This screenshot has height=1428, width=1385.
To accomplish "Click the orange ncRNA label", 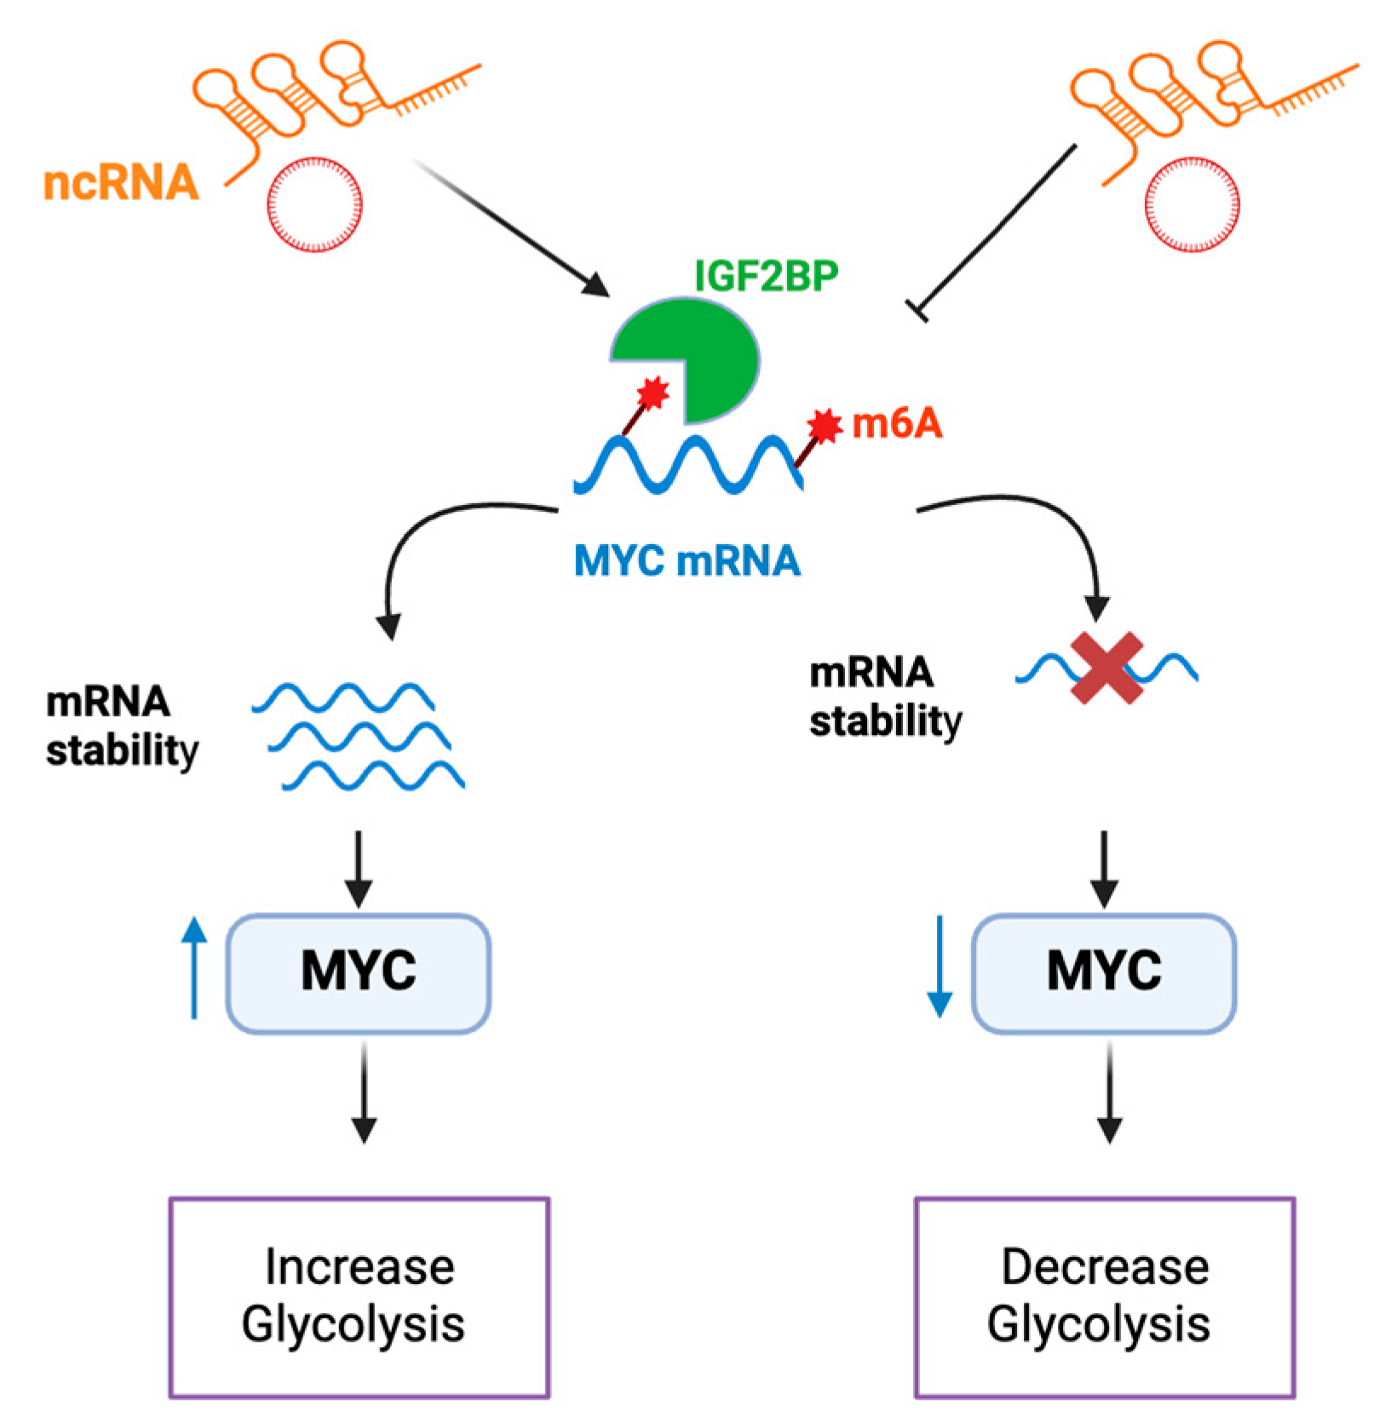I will point(121,183).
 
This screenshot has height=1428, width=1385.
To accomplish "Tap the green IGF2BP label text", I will point(766,276).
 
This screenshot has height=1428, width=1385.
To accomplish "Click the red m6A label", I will point(897,423).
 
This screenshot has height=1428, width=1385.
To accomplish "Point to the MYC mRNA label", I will point(687,560).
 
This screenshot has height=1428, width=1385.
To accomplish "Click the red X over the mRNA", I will point(1106,668).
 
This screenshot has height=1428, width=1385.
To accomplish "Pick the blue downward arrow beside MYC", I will point(940,966).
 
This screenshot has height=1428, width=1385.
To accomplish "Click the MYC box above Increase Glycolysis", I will point(358,972).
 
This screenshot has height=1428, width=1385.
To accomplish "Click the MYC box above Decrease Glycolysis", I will point(1103,972).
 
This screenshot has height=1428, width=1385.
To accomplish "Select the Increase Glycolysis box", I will point(359,1295).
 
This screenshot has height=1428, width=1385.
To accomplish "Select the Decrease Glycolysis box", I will point(1104,1295).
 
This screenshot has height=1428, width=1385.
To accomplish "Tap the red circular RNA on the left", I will point(314,204).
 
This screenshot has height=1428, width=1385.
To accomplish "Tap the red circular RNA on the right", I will point(1192,204).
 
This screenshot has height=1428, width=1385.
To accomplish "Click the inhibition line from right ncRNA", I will point(997,227).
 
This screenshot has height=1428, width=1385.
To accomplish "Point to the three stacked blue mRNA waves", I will point(358,736).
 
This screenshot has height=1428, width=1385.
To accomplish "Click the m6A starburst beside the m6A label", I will point(824,425).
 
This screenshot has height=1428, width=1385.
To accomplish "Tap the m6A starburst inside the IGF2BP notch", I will point(653,393).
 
